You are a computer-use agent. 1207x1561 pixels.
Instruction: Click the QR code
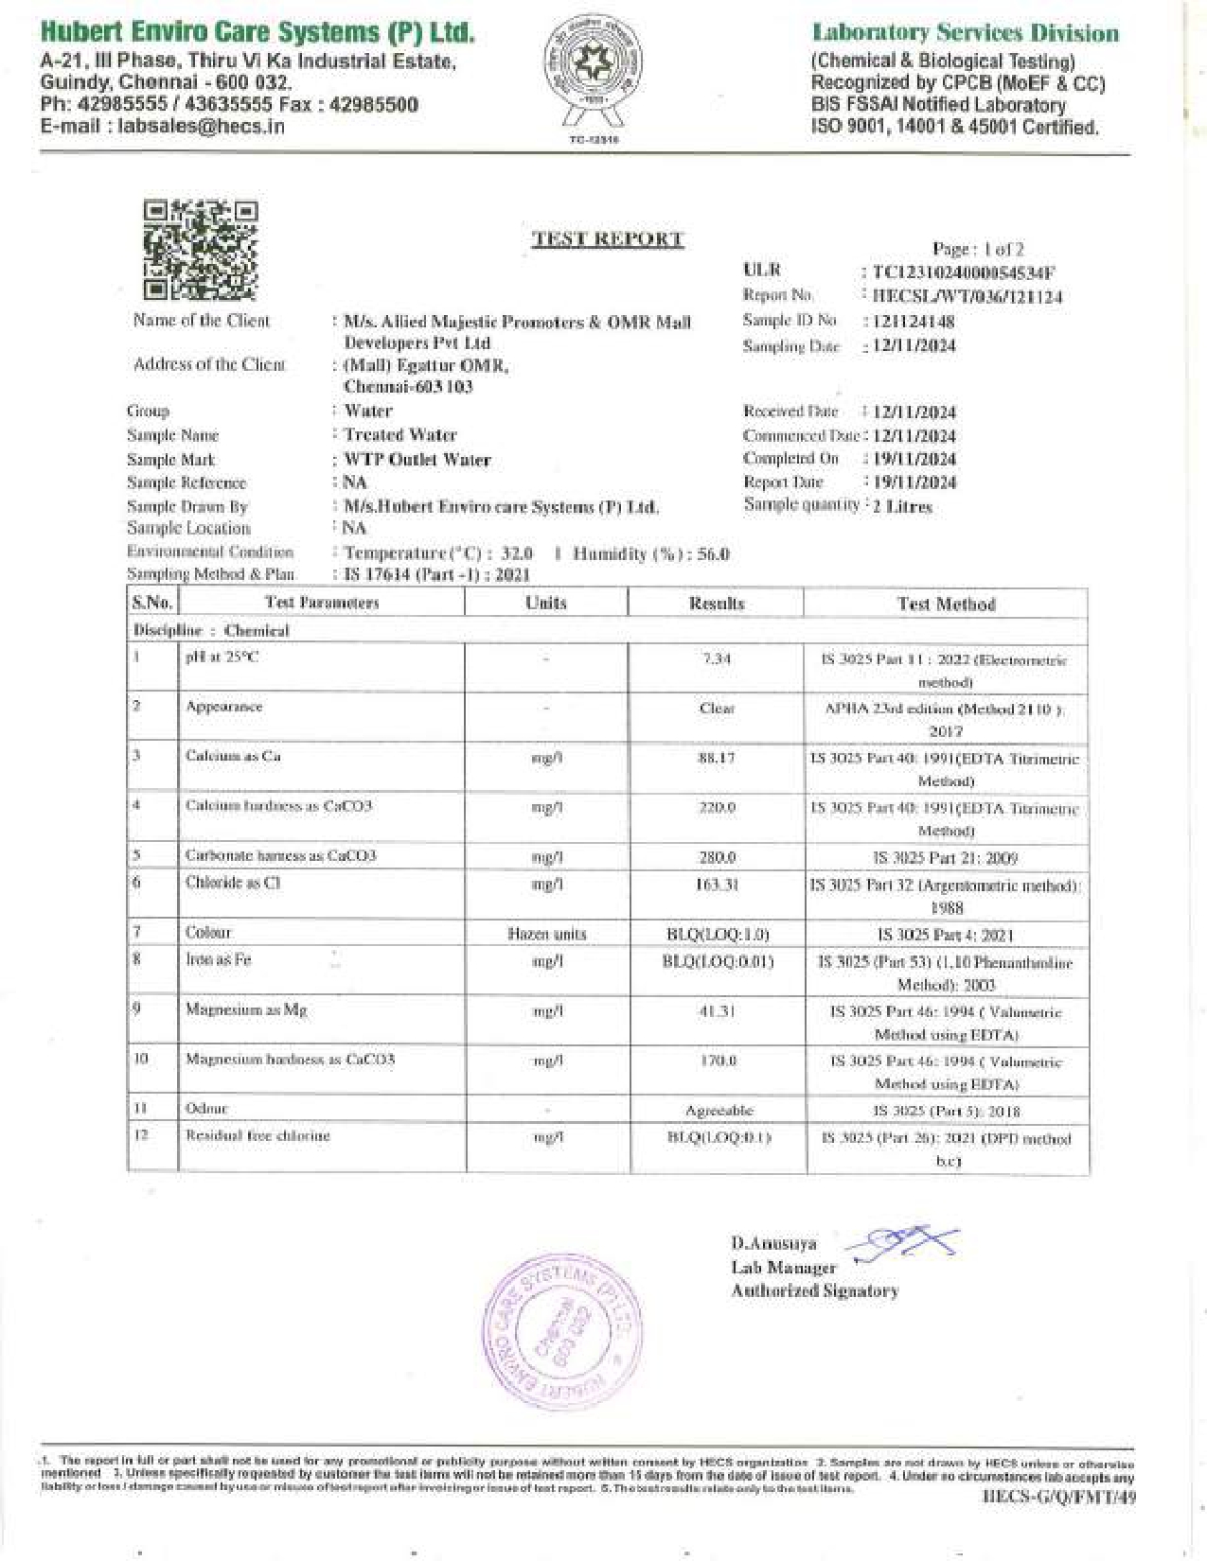(x=201, y=250)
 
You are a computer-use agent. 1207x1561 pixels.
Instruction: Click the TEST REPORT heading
(x=608, y=239)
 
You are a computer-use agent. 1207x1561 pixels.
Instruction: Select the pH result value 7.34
(x=717, y=658)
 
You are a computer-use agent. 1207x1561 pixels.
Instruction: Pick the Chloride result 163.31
(x=717, y=886)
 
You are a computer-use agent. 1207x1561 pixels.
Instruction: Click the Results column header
(x=717, y=604)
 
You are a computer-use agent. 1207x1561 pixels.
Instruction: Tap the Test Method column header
(x=946, y=605)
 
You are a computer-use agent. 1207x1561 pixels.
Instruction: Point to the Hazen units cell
(x=546, y=935)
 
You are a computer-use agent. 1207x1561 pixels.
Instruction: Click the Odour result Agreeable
(x=719, y=1111)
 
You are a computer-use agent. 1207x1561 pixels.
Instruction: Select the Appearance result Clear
(x=717, y=709)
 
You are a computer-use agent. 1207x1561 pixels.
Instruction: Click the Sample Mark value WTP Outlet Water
(x=417, y=461)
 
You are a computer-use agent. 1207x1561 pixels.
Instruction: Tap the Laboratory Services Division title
(x=965, y=34)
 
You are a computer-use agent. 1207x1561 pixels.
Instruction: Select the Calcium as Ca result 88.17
(x=717, y=759)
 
